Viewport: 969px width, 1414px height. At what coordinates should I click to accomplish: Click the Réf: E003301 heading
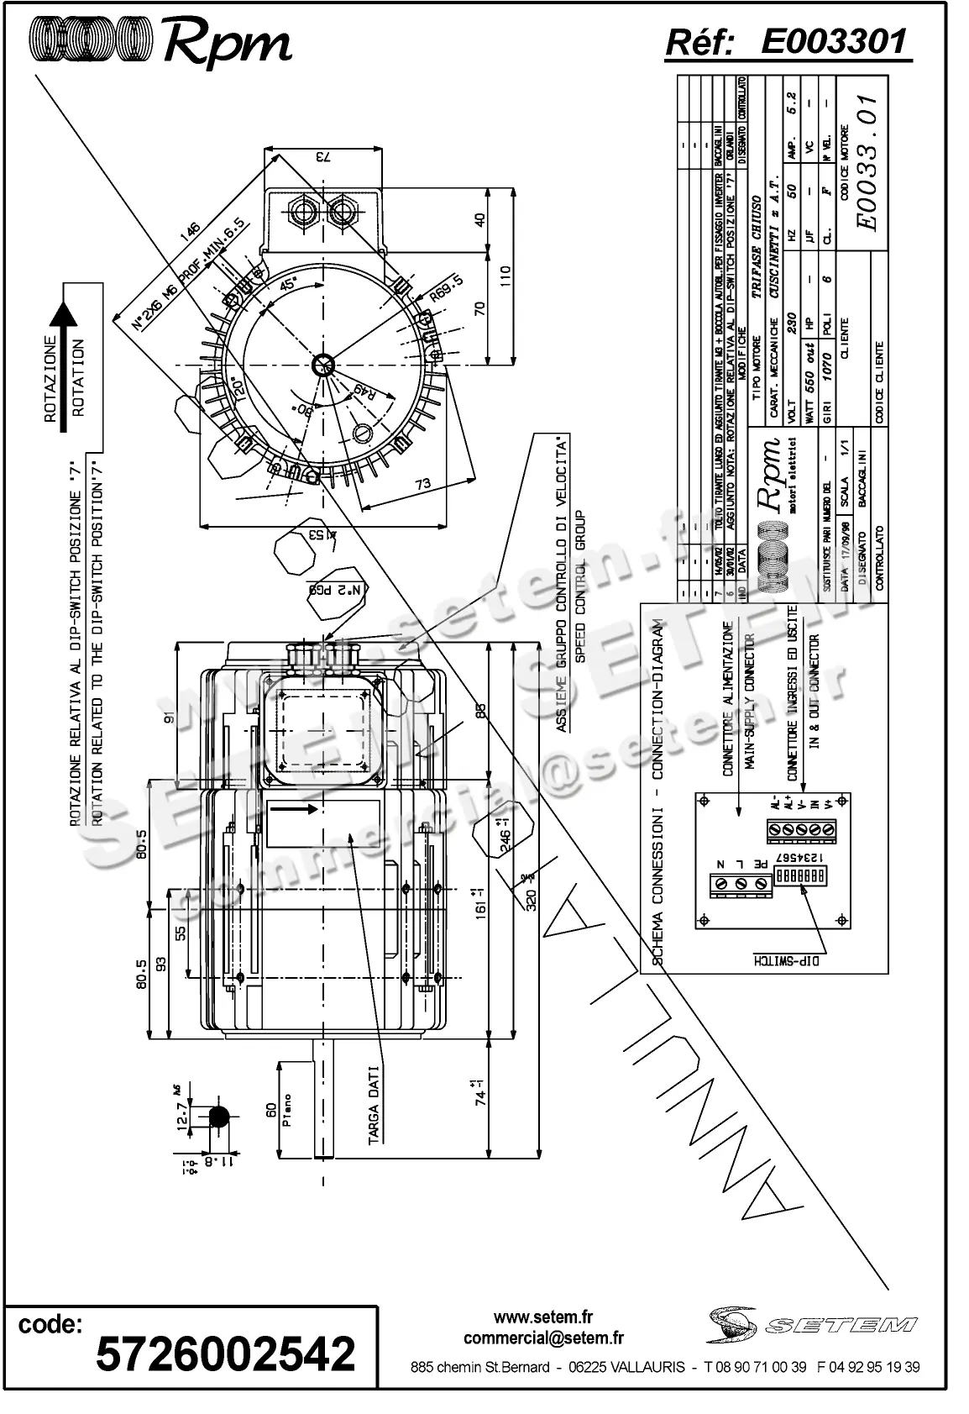click(x=787, y=41)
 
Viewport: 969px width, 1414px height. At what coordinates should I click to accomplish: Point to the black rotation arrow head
click(x=63, y=316)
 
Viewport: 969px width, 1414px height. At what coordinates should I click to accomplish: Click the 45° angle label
click(x=288, y=284)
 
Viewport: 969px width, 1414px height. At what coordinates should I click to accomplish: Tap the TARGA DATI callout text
click(x=375, y=1105)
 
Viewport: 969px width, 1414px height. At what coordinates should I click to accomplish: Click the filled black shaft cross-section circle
click(x=218, y=1117)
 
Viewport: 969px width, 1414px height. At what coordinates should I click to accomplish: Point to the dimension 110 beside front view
click(x=505, y=276)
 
